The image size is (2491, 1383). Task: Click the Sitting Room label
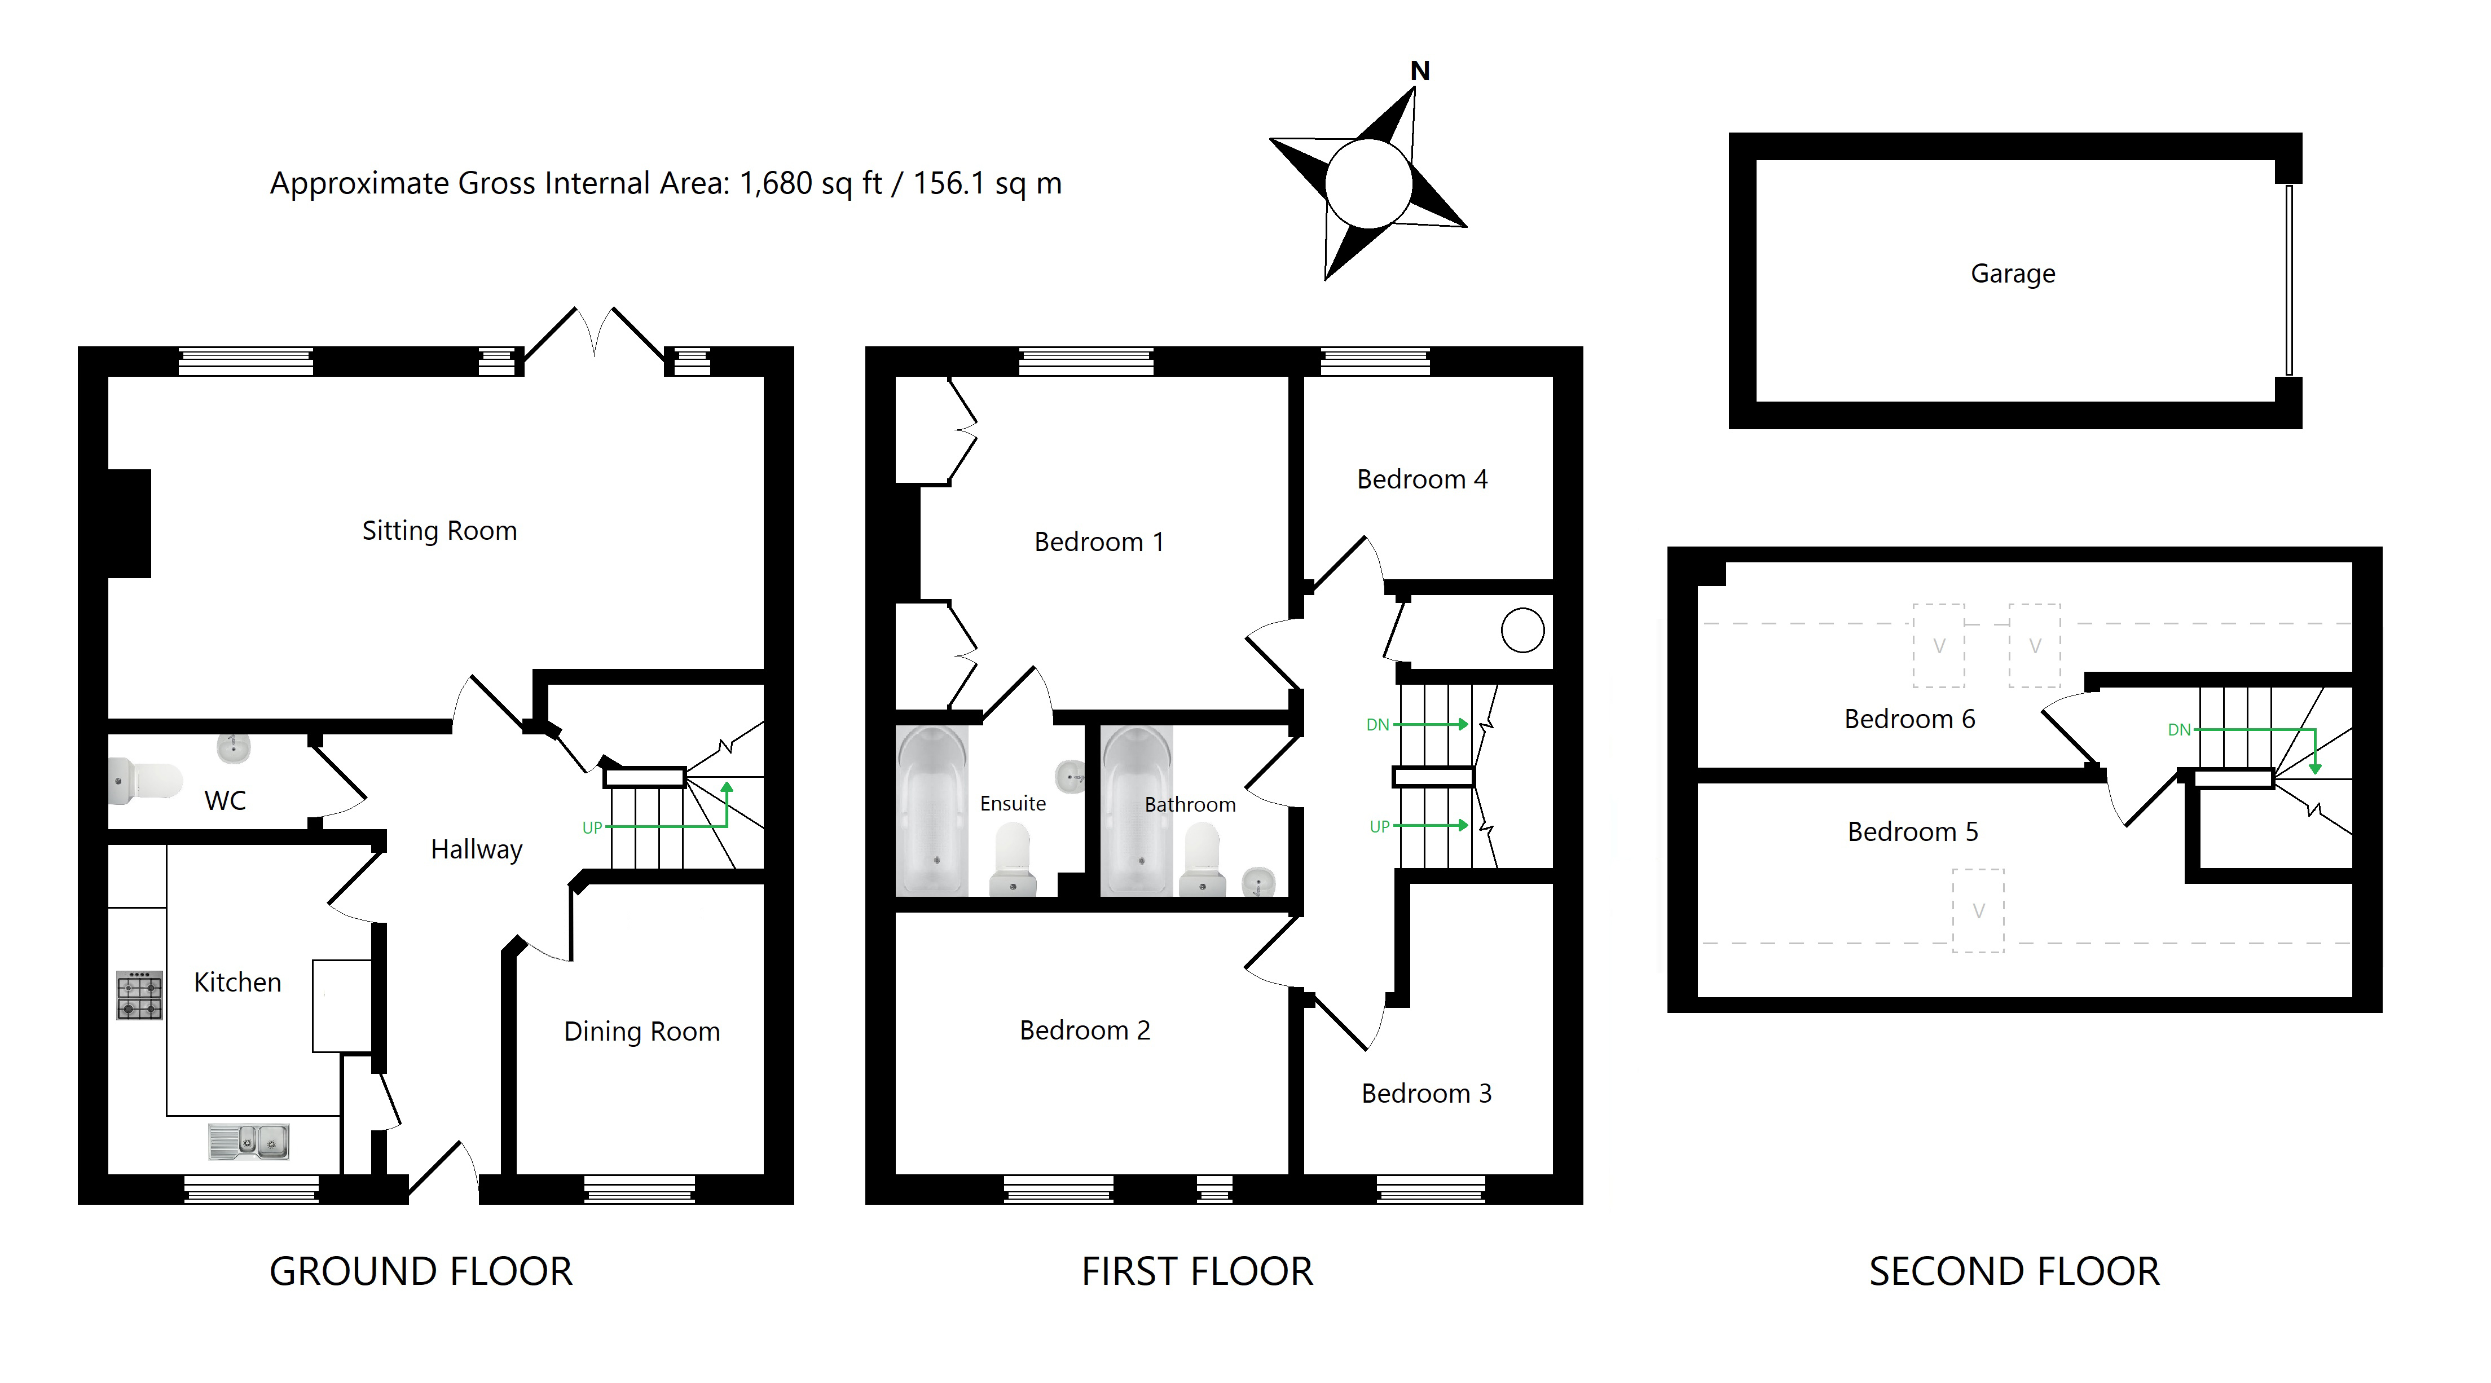(x=439, y=531)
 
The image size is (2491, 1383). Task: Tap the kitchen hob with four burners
(x=139, y=995)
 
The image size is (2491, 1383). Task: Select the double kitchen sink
(x=249, y=1141)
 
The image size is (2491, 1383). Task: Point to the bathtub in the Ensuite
(x=932, y=811)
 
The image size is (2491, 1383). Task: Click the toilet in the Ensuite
(x=1013, y=859)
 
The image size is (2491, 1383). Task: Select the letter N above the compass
(x=1420, y=71)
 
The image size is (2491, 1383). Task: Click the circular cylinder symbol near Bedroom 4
(x=1522, y=631)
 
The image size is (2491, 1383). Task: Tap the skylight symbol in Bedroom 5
(x=1978, y=911)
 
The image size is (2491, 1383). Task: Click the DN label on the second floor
(x=2178, y=730)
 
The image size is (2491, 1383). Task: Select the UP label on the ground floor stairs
(x=592, y=828)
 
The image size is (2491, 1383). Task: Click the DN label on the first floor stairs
(x=1377, y=725)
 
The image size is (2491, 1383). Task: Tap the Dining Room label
(x=642, y=1032)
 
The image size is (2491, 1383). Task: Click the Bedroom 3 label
(x=1427, y=1094)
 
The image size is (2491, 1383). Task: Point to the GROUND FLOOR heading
(x=421, y=1272)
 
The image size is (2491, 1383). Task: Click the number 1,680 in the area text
(x=776, y=184)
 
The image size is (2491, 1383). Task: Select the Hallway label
(x=477, y=850)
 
